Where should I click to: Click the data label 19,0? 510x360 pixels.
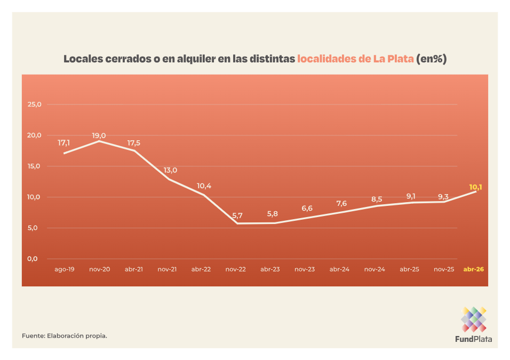pyautogui.click(x=99, y=136)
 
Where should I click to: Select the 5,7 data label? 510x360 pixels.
pyautogui.click(x=237, y=215)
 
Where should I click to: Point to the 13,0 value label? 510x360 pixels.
pyautogui.click(x=170, y=170)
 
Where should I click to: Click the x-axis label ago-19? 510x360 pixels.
pyautogui.click(x=65, y=269)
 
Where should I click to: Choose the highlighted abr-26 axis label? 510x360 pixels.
pyautogui.click(x=474, y=269)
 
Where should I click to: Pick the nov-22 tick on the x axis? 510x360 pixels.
pyautogui.click(x=236, y=269)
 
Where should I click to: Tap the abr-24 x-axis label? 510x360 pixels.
pyautogui.click(x=339, y=269)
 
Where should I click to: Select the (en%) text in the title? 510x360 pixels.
pyautogui.click(x=431, y=59)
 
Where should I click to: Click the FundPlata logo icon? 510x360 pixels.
pyautogui.click(x=473, y=319)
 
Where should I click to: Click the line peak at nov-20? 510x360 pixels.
pyautogui.click(x=100, y=141)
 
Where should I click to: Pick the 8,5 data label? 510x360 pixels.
pyautogui.click(x=377, y=199)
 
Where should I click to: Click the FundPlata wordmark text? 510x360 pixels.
pyautogui.click(x=473, y=339)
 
